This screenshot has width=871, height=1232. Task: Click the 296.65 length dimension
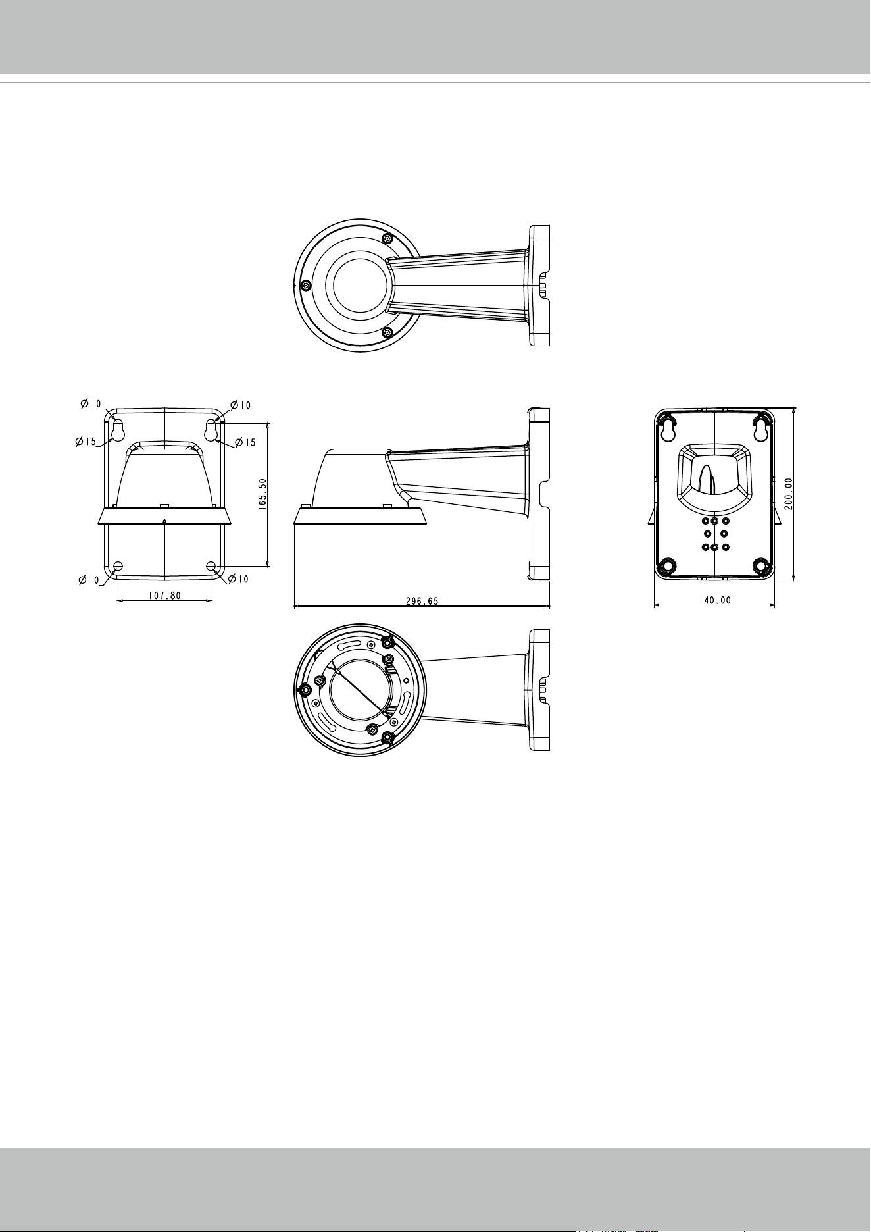click(x=422, y=601)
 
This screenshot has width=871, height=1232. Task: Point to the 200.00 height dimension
click(x=788, y=493)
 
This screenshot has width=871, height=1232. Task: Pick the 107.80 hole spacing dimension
click(x=164, y=594)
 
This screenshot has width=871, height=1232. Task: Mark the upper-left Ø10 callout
click(x=91, y=404)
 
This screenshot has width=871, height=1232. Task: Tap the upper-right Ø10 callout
click(x=239, y=405)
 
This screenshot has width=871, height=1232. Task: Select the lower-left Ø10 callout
click(x=89, y=580)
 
